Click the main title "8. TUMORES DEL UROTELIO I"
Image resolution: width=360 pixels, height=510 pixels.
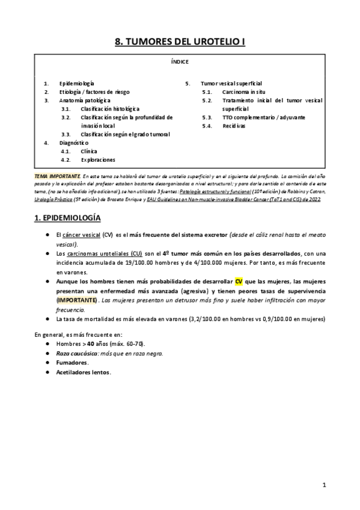(180, 41)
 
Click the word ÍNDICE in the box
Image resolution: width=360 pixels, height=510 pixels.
(179, 61)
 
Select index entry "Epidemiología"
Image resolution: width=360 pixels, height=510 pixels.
(76, 82)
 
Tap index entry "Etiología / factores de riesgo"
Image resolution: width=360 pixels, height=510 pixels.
(94, 91)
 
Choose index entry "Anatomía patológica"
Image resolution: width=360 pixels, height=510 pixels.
(85, 100)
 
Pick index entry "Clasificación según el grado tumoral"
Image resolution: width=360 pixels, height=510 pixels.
(125, 135)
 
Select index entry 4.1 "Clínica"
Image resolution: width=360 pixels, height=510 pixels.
(88, 152)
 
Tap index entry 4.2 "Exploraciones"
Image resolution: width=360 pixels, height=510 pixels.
(97, 160)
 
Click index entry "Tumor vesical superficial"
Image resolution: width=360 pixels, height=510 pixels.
(231, 82)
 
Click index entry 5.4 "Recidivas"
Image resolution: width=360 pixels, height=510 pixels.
(235, 126)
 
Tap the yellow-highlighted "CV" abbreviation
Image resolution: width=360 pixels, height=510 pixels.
(239, 281)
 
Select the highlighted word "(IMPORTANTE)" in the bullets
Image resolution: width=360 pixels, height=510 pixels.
(76, 299)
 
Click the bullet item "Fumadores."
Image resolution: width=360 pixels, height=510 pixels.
(72, 363)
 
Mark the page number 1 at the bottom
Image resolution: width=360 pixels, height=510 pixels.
(323, 484)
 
